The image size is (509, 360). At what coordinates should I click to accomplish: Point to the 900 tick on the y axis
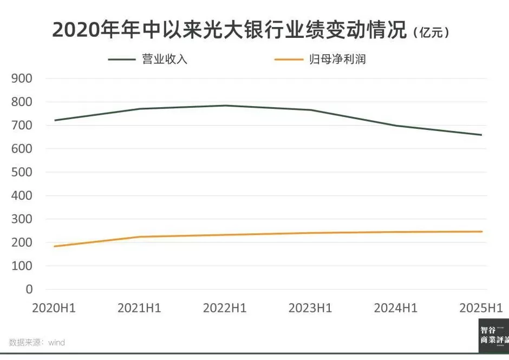(22, 78)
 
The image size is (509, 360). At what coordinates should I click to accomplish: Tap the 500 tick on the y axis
(22, 172)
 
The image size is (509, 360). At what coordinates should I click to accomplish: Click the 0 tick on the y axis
(29, 289)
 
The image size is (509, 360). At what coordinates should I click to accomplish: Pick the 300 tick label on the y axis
(22, 219)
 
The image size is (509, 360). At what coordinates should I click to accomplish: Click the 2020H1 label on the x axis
(54, 308)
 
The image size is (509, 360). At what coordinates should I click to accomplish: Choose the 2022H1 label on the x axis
(225, 308)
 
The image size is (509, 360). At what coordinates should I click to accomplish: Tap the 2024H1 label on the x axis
(396, 308)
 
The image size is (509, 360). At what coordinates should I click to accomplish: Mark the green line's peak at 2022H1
(225, 106)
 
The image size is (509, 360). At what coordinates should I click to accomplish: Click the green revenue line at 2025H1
(481, 135)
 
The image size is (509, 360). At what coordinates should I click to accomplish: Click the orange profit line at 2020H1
(55, 246)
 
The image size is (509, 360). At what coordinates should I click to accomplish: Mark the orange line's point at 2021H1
(140, 237)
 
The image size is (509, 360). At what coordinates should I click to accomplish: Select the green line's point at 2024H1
(396, 126)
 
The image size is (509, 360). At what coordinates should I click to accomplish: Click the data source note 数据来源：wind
(37, 342)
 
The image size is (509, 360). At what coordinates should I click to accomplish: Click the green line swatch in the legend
(122, 59)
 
